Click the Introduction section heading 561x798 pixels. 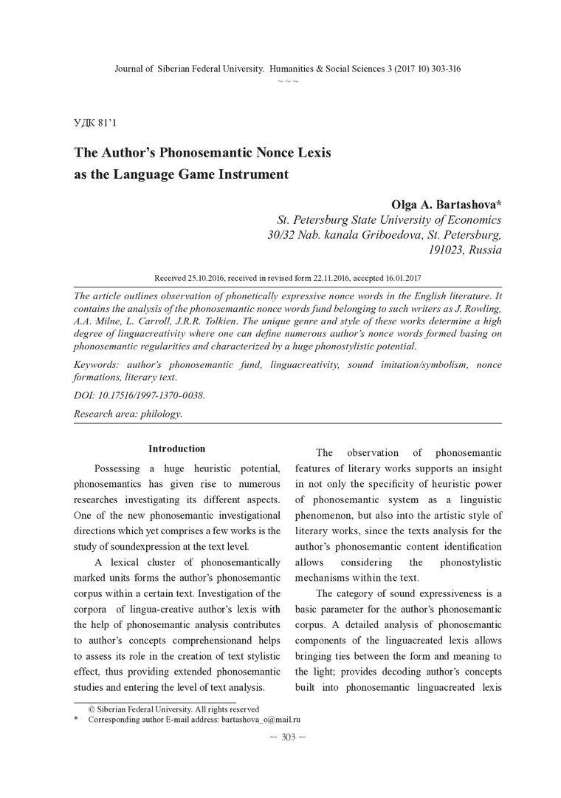pyautogui.click(x=176, y=449)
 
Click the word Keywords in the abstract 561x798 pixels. pyautogui.click(x=101, y=366)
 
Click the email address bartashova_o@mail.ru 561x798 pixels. pyautogui.click(x=260, y=718)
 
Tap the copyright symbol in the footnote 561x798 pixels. pyautogui.click(x=91, y=709)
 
